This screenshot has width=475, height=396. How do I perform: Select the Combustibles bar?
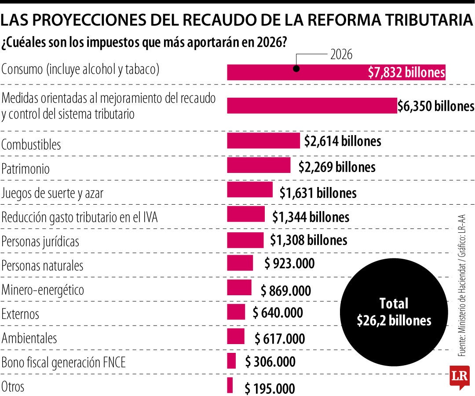point(263,141)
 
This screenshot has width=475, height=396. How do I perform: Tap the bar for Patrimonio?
point(259,165)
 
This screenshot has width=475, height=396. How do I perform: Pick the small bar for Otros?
point(230,385)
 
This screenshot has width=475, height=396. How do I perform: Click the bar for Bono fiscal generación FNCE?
point(231,361)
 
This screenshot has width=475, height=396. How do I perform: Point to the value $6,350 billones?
point(435,106)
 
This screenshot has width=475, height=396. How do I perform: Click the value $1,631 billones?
point(318,193)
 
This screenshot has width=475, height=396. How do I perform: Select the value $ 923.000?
point(289,264)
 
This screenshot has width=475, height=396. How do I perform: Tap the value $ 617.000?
point(280,339)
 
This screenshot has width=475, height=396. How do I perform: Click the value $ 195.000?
point(270,389)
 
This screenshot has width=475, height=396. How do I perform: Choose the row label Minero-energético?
point(43,290)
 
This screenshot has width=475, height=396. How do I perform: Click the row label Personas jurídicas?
point(40,242)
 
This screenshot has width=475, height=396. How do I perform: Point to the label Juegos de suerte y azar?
point(52,193)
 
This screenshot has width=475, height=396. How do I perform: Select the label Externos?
point(20,314)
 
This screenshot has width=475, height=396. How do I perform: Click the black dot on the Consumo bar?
point(296,69)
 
